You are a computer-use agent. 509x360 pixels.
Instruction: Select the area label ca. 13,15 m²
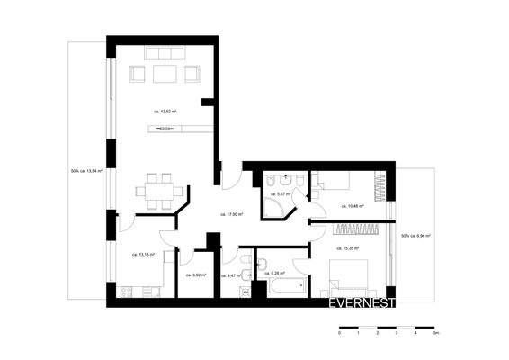143,255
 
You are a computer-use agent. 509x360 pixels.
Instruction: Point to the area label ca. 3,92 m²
195,274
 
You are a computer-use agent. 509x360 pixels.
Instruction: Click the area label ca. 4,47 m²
232,274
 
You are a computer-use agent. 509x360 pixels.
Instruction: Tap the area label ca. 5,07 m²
277,193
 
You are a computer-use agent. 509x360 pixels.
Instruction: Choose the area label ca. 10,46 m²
352,206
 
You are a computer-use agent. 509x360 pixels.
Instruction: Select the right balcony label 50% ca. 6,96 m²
415,236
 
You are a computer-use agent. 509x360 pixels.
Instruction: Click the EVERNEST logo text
362,303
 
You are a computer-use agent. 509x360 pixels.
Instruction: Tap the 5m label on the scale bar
435,332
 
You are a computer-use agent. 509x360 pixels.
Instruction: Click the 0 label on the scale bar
340,332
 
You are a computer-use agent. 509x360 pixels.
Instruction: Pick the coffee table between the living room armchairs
165,73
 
